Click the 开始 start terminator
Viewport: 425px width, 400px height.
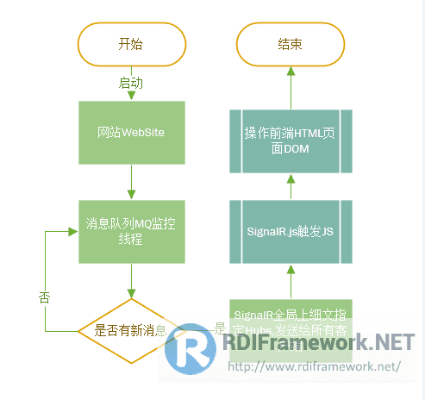[x=132, y=45]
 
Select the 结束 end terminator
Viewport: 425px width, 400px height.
[x=290, y=45]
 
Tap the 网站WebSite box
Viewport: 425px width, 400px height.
[x=132, y=133]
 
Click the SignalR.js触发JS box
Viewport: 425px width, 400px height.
[x=290, y=232]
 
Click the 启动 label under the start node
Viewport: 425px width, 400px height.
[x=131, y=84]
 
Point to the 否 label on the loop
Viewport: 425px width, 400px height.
[x=45, y=297]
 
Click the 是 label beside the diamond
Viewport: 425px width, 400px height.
[x=218, y=328]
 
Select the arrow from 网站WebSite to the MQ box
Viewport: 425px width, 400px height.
[x=132, y=182]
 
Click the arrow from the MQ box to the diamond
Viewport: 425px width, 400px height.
[x=132, y=281]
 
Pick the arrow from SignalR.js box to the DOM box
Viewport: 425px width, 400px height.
[x=291, y=186]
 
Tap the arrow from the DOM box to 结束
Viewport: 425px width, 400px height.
[x=291, y=90]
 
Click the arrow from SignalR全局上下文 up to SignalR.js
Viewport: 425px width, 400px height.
[x=291, y=281]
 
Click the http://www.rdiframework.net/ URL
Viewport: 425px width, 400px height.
[x=314, y=366]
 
